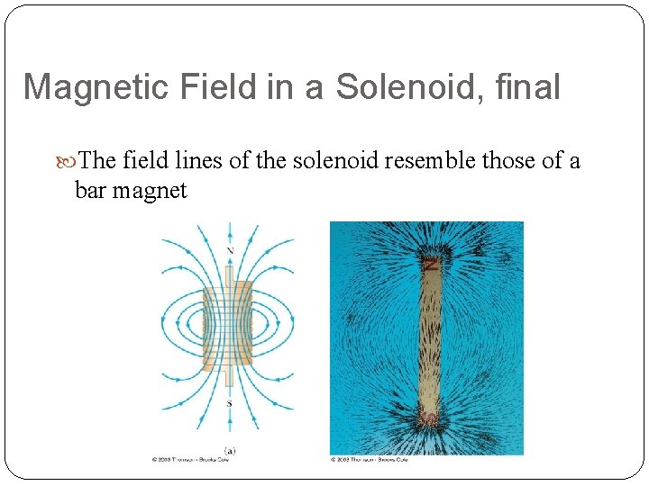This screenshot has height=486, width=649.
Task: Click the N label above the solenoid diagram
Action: click(230, 250)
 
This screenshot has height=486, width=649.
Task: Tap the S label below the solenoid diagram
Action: click(229, 403)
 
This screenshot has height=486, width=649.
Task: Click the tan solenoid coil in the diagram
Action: click(229, 328)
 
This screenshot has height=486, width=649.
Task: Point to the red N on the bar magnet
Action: click(431, 265)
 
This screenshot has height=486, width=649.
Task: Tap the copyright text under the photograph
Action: click(370, 460)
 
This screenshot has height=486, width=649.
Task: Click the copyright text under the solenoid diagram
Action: click(190, 460)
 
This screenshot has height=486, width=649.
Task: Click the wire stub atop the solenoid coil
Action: click(229, 274)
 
